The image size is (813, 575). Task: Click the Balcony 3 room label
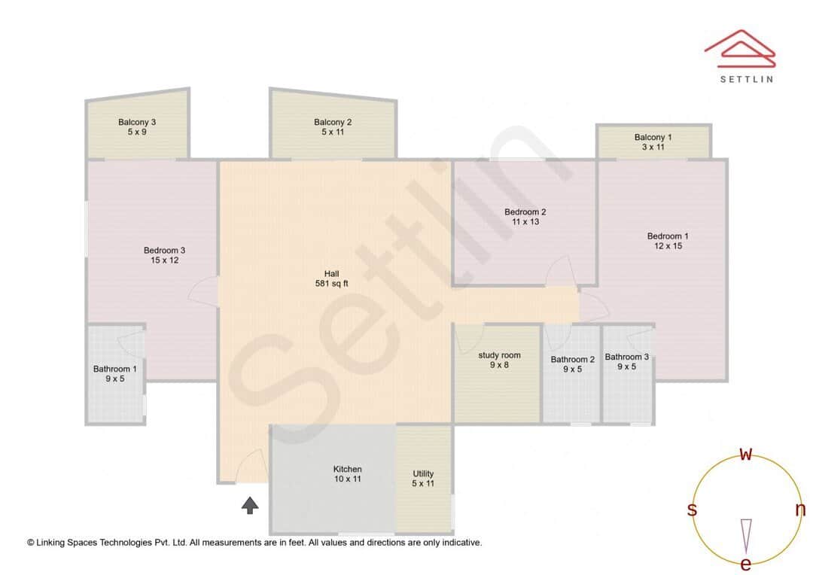coord(137,122)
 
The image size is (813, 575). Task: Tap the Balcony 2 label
coord(333,122)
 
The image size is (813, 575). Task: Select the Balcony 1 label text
coord(653,137)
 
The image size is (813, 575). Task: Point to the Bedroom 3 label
coord(164,251)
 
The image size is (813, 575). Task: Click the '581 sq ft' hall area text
coord(331,284)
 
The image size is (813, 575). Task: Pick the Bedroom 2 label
coord(525,212)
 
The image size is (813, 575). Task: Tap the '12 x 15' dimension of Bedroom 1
coord(668,246)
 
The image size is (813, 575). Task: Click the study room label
coord(499,355)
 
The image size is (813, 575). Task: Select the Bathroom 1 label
coord(114,369)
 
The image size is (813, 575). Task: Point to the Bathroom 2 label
coord(572,360)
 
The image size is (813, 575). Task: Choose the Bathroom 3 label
coord(627,357)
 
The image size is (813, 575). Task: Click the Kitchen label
coord(347,469)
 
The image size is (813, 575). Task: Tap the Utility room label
coord(423,473)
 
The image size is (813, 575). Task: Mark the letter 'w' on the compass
coord(746,454)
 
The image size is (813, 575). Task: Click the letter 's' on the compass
coord(692,510)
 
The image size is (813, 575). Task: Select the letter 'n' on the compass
coord(800,510)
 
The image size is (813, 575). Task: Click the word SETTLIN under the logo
coord(746,78)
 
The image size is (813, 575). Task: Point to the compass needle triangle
coord(746,534)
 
